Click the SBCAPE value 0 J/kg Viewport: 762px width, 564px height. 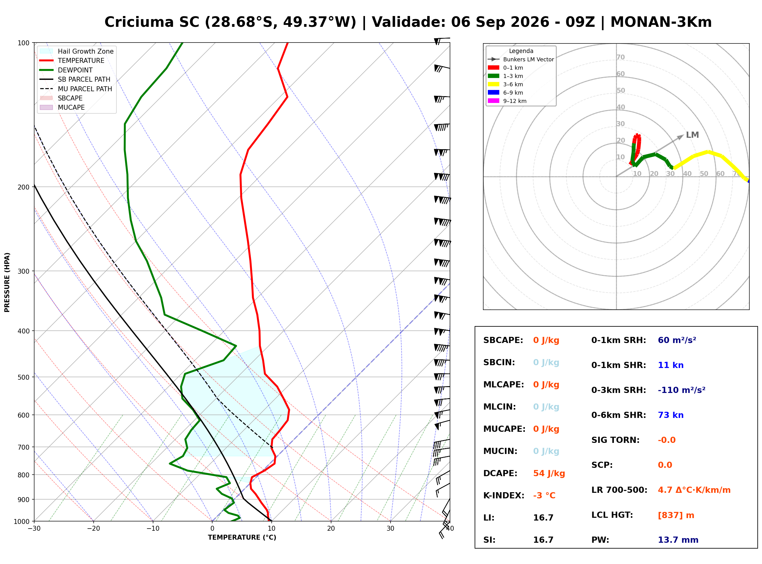click(x=546, y=340)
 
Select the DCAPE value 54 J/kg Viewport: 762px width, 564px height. click(x=549, y=473)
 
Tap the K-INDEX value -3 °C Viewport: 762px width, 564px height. click(x=544, y=496)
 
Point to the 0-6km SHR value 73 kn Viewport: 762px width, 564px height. click(x=671, y=415)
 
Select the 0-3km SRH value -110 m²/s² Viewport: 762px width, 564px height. click(x=682, y=390)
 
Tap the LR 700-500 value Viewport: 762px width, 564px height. click(x=694, y=490)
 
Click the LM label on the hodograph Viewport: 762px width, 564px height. click(x=692, y=135)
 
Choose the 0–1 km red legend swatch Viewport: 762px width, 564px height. click(x=493, y=67)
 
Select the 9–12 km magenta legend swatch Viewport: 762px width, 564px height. click(x=493, y=101)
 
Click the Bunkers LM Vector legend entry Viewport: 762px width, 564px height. click(x=521, y=59)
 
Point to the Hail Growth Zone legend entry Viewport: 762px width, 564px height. click(x=76, y=51)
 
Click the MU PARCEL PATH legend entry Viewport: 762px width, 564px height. click(x=76, y=89)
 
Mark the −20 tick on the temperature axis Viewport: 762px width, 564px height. click(x=93, y=529)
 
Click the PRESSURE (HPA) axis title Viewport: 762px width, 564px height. click(x=7, y=282)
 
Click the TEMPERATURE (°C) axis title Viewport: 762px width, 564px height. click(x=242, y=537)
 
